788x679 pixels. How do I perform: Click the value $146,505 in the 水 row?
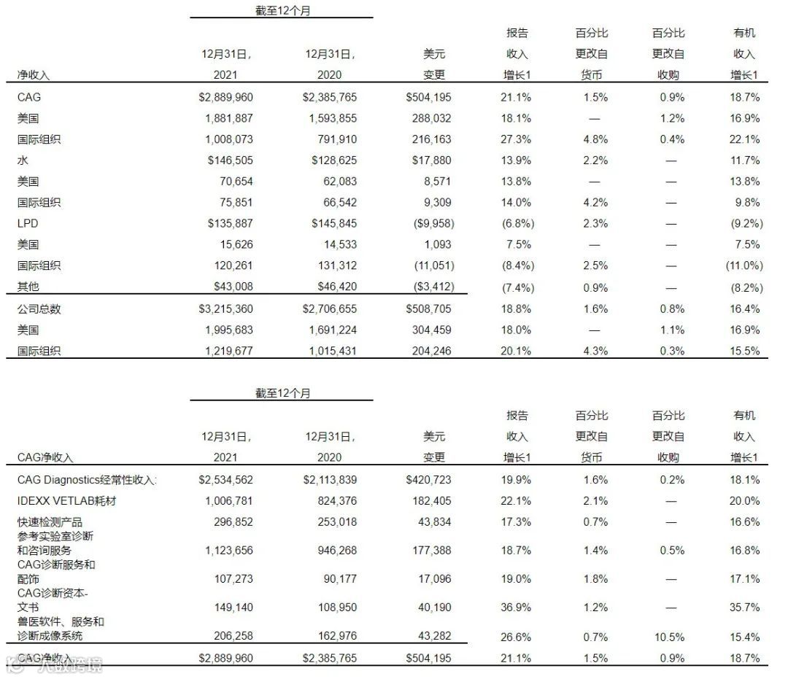click(226, 160)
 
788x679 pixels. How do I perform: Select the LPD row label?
click(28, 223)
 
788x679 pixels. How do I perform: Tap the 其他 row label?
click(28, 287)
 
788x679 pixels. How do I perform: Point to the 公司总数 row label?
click(39, 309)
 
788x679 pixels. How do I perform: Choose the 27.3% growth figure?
click(517, 139)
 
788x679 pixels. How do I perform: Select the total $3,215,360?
click(226, 309)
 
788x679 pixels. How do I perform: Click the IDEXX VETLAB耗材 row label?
click(66, 501)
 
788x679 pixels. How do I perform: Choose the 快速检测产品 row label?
click(50, 522)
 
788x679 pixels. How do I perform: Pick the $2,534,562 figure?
click(226, 480)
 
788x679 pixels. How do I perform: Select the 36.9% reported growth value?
click(517, 607)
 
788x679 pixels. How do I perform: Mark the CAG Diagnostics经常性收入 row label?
click(88, 480)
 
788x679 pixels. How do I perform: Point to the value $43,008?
click(230, 287)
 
